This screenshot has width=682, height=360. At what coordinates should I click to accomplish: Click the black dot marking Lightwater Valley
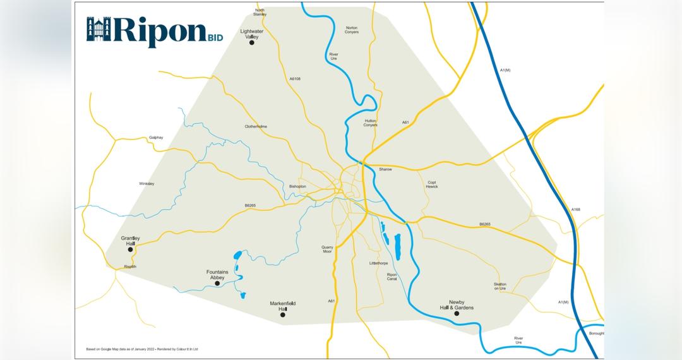[x=251, y=42]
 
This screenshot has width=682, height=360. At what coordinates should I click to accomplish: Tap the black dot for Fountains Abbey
[x=217, y=284]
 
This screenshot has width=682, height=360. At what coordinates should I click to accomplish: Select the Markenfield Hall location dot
[x=282, y=315]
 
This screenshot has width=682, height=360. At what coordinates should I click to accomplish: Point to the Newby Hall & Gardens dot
[x=457, y=313]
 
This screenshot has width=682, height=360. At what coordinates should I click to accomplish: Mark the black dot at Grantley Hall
[x=131, y=249]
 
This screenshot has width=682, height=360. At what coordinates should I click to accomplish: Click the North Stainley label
[x=260, y=12]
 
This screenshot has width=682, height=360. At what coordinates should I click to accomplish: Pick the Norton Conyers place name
[x=352, y=30]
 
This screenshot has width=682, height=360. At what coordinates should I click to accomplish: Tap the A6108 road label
[x=295, y=79]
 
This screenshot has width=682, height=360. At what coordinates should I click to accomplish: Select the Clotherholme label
[x=256, y=126]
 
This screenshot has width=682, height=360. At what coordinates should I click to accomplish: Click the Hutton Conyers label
[x=371, y=123]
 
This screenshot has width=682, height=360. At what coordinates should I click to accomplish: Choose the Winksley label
[x=147, y=184]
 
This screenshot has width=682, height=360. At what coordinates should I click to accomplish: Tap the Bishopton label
[x=297, y=187]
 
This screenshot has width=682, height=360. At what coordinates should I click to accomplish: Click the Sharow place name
[x=385, y=169]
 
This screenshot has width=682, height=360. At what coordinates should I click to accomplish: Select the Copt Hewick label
[x=432, y=184]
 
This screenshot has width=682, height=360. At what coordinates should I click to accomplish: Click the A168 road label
[x=575, y=209]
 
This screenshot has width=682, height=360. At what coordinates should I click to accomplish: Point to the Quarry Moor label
[x=326, y=249]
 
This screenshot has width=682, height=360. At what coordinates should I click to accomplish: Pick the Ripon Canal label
[x=392, y=277]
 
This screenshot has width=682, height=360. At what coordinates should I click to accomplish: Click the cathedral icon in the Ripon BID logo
[x=99, y=29]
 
